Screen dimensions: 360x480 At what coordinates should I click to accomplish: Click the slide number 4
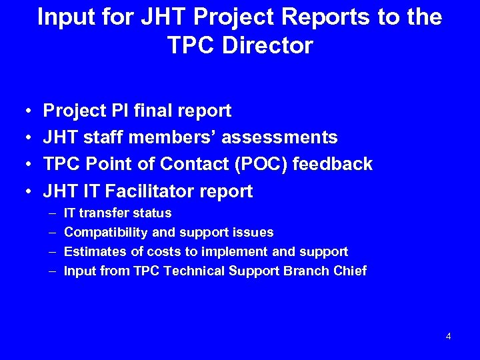pyautogui.click(x=448, y=336)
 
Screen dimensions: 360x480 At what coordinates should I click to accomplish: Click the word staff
pyautogui.click(x=104, y=137)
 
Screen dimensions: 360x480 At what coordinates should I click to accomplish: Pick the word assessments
pyautogui.click(x=279, y=137)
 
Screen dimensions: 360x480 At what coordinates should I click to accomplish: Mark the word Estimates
pyautogui.click(x=93, y=252)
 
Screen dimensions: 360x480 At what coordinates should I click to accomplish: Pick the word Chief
pyautogui.click(x=349, y=271)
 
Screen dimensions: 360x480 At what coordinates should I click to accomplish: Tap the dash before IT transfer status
pyautogui.click(x=52, y=213)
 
